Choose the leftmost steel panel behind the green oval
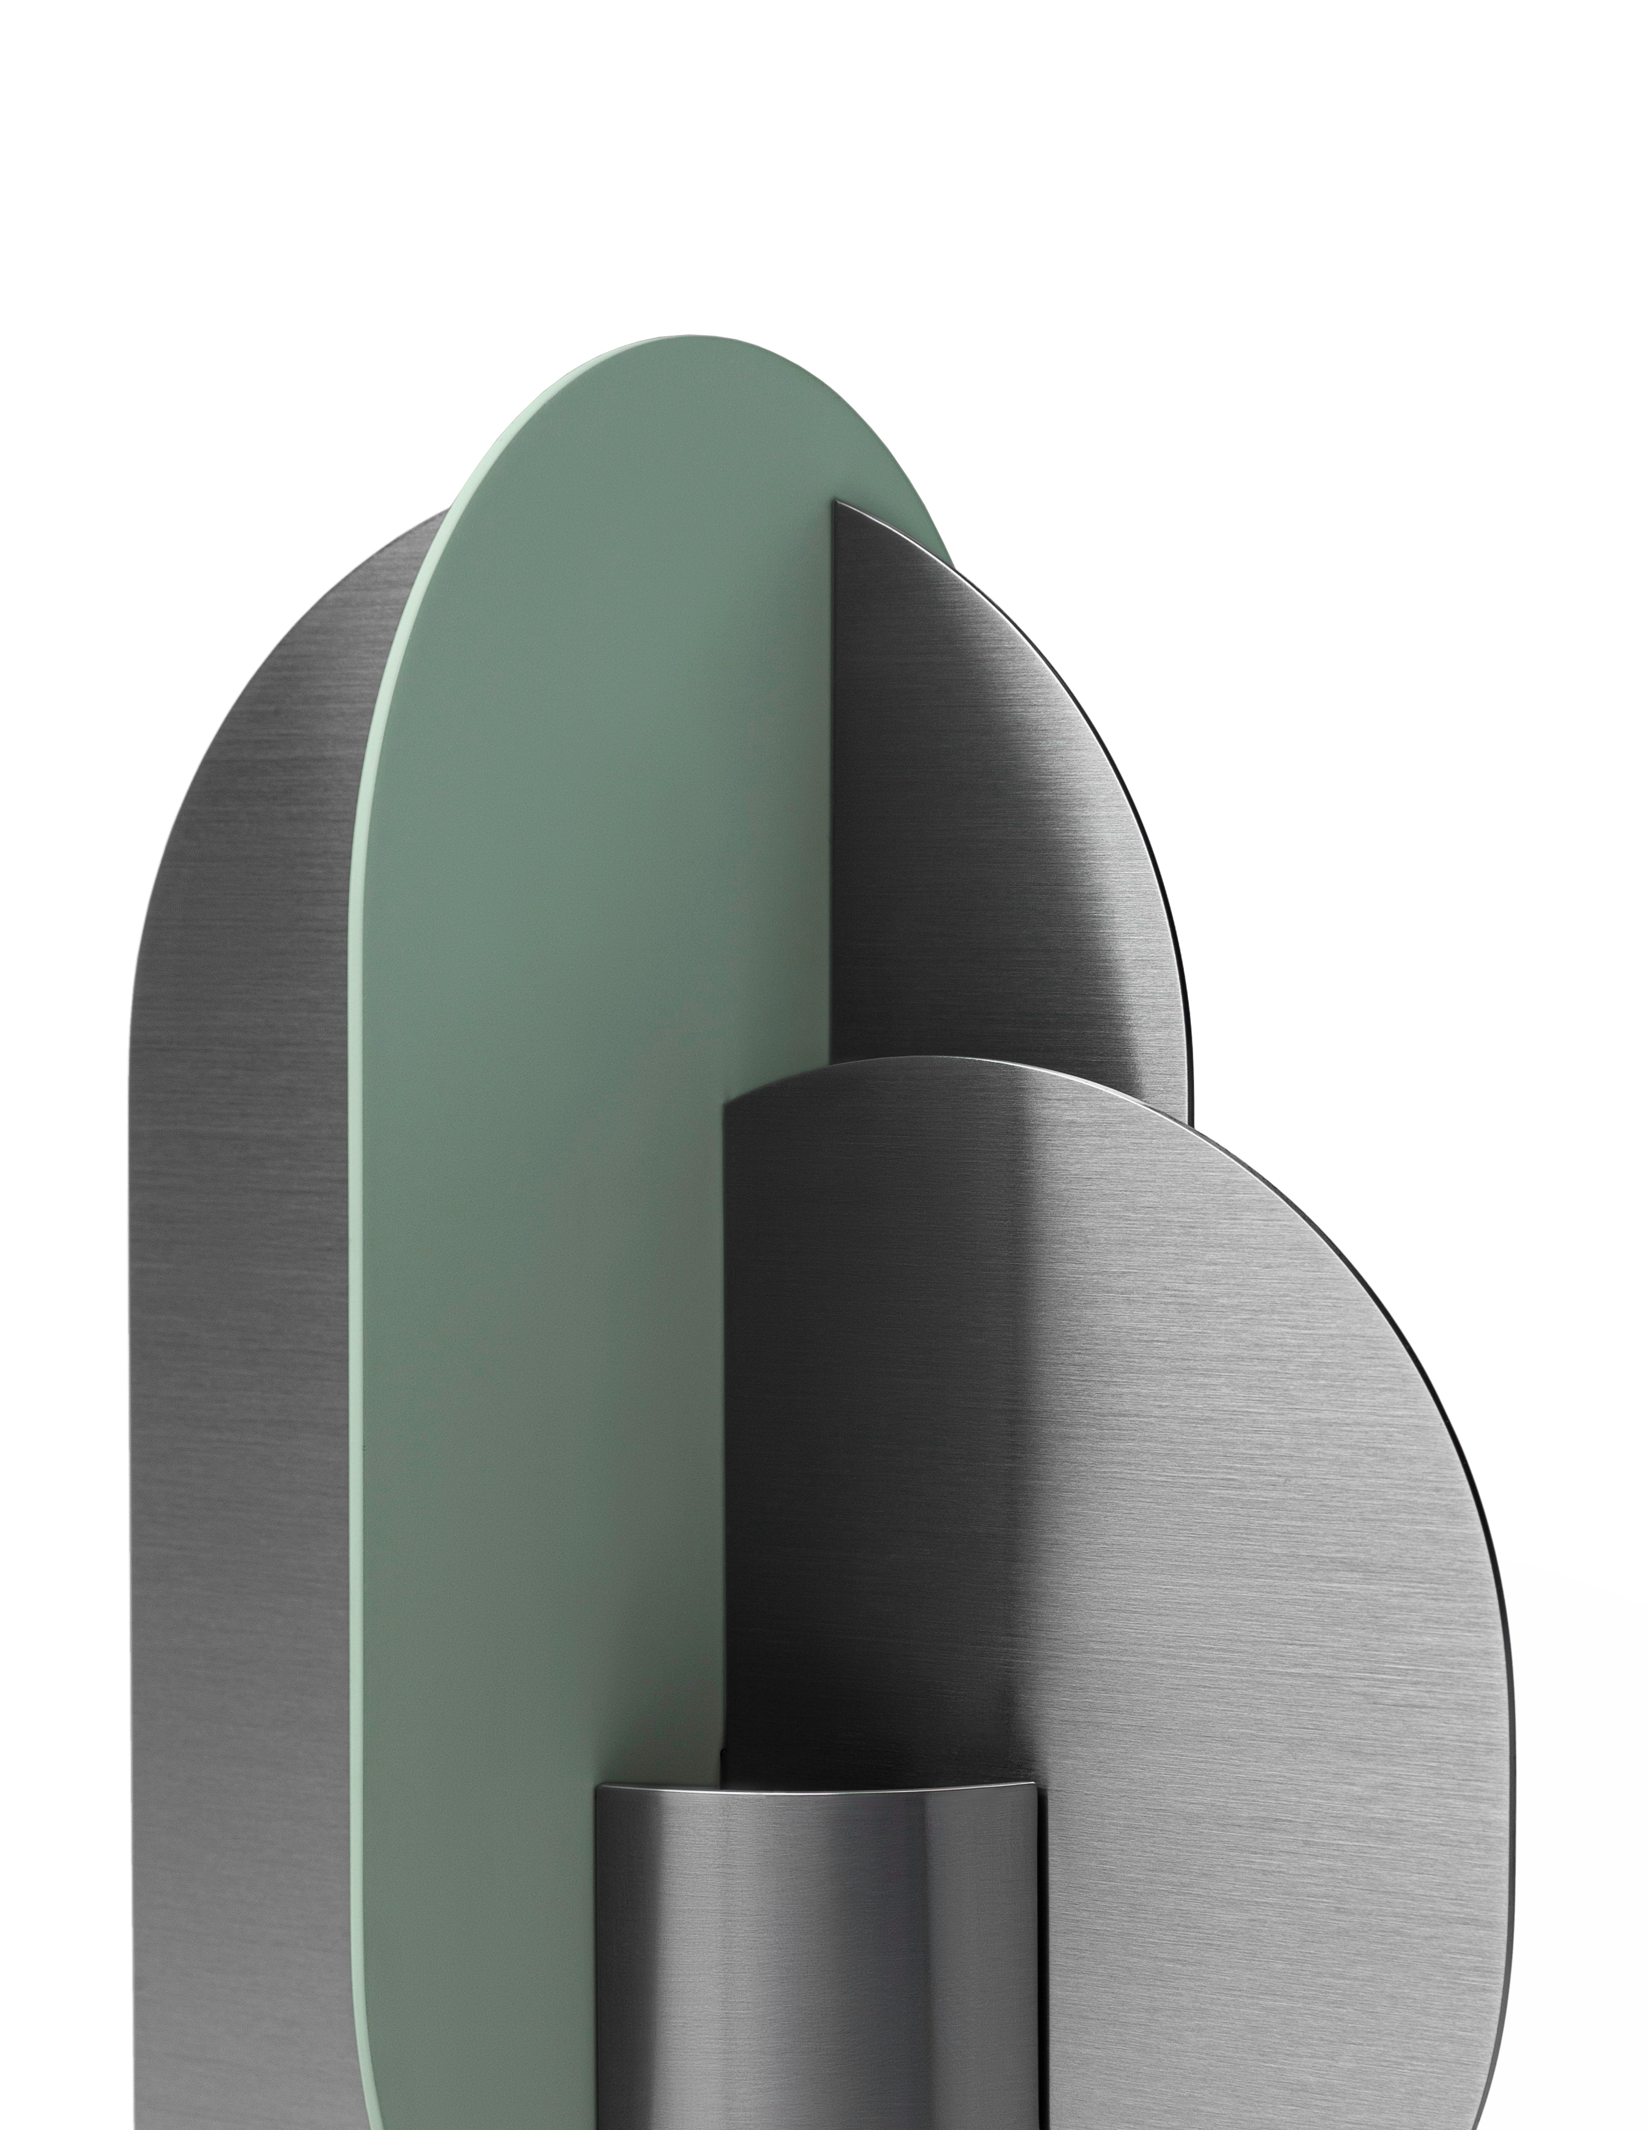[244, 1268]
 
